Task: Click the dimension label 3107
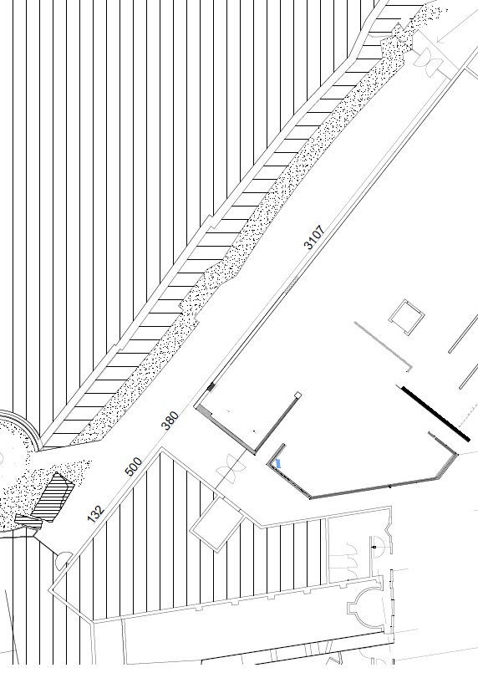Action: pos(314,237)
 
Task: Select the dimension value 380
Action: pos(170,421)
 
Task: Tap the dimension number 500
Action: pos(134,467)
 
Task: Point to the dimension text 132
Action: pos(96,514)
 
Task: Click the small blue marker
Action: pos(278,463)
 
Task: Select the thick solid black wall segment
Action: pos(435,413)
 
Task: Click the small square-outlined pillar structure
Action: pos(407,317)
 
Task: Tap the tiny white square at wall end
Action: pos(297,395)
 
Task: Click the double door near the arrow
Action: pos(428,59)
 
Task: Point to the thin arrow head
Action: pos(440,39)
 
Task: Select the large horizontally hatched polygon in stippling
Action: pos(53,497)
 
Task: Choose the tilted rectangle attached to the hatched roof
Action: pos(217,523)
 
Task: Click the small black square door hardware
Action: pos(374,548)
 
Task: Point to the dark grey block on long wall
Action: pos(211,387)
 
